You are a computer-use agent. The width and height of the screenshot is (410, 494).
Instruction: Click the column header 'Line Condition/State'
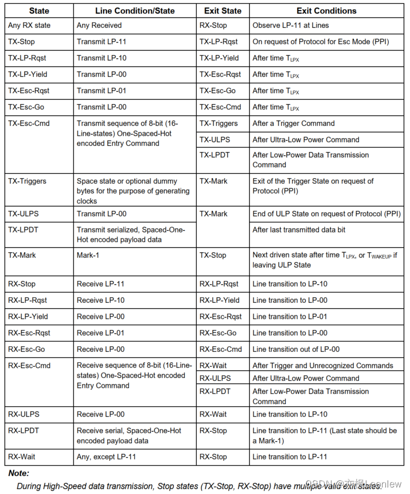coord(134,11)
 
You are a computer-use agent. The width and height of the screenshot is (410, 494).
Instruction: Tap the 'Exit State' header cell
coord(222,11)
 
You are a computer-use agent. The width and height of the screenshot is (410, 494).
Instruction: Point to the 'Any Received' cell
coord(99,25)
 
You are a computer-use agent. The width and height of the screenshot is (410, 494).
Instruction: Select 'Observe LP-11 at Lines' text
coord(291,25)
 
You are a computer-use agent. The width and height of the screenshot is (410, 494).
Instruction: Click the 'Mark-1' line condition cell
coord(88,254)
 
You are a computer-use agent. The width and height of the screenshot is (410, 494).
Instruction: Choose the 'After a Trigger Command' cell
coord(293,123)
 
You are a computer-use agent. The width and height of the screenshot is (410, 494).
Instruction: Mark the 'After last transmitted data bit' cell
coord(299,230)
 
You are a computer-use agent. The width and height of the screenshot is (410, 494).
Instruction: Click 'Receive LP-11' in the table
coord(100,284)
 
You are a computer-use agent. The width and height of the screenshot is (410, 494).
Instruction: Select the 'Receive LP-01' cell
coord(100,333)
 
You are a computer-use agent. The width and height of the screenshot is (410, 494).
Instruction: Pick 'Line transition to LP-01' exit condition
coord(290,316)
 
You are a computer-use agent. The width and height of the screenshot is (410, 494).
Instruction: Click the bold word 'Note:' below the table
coord(19,473)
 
